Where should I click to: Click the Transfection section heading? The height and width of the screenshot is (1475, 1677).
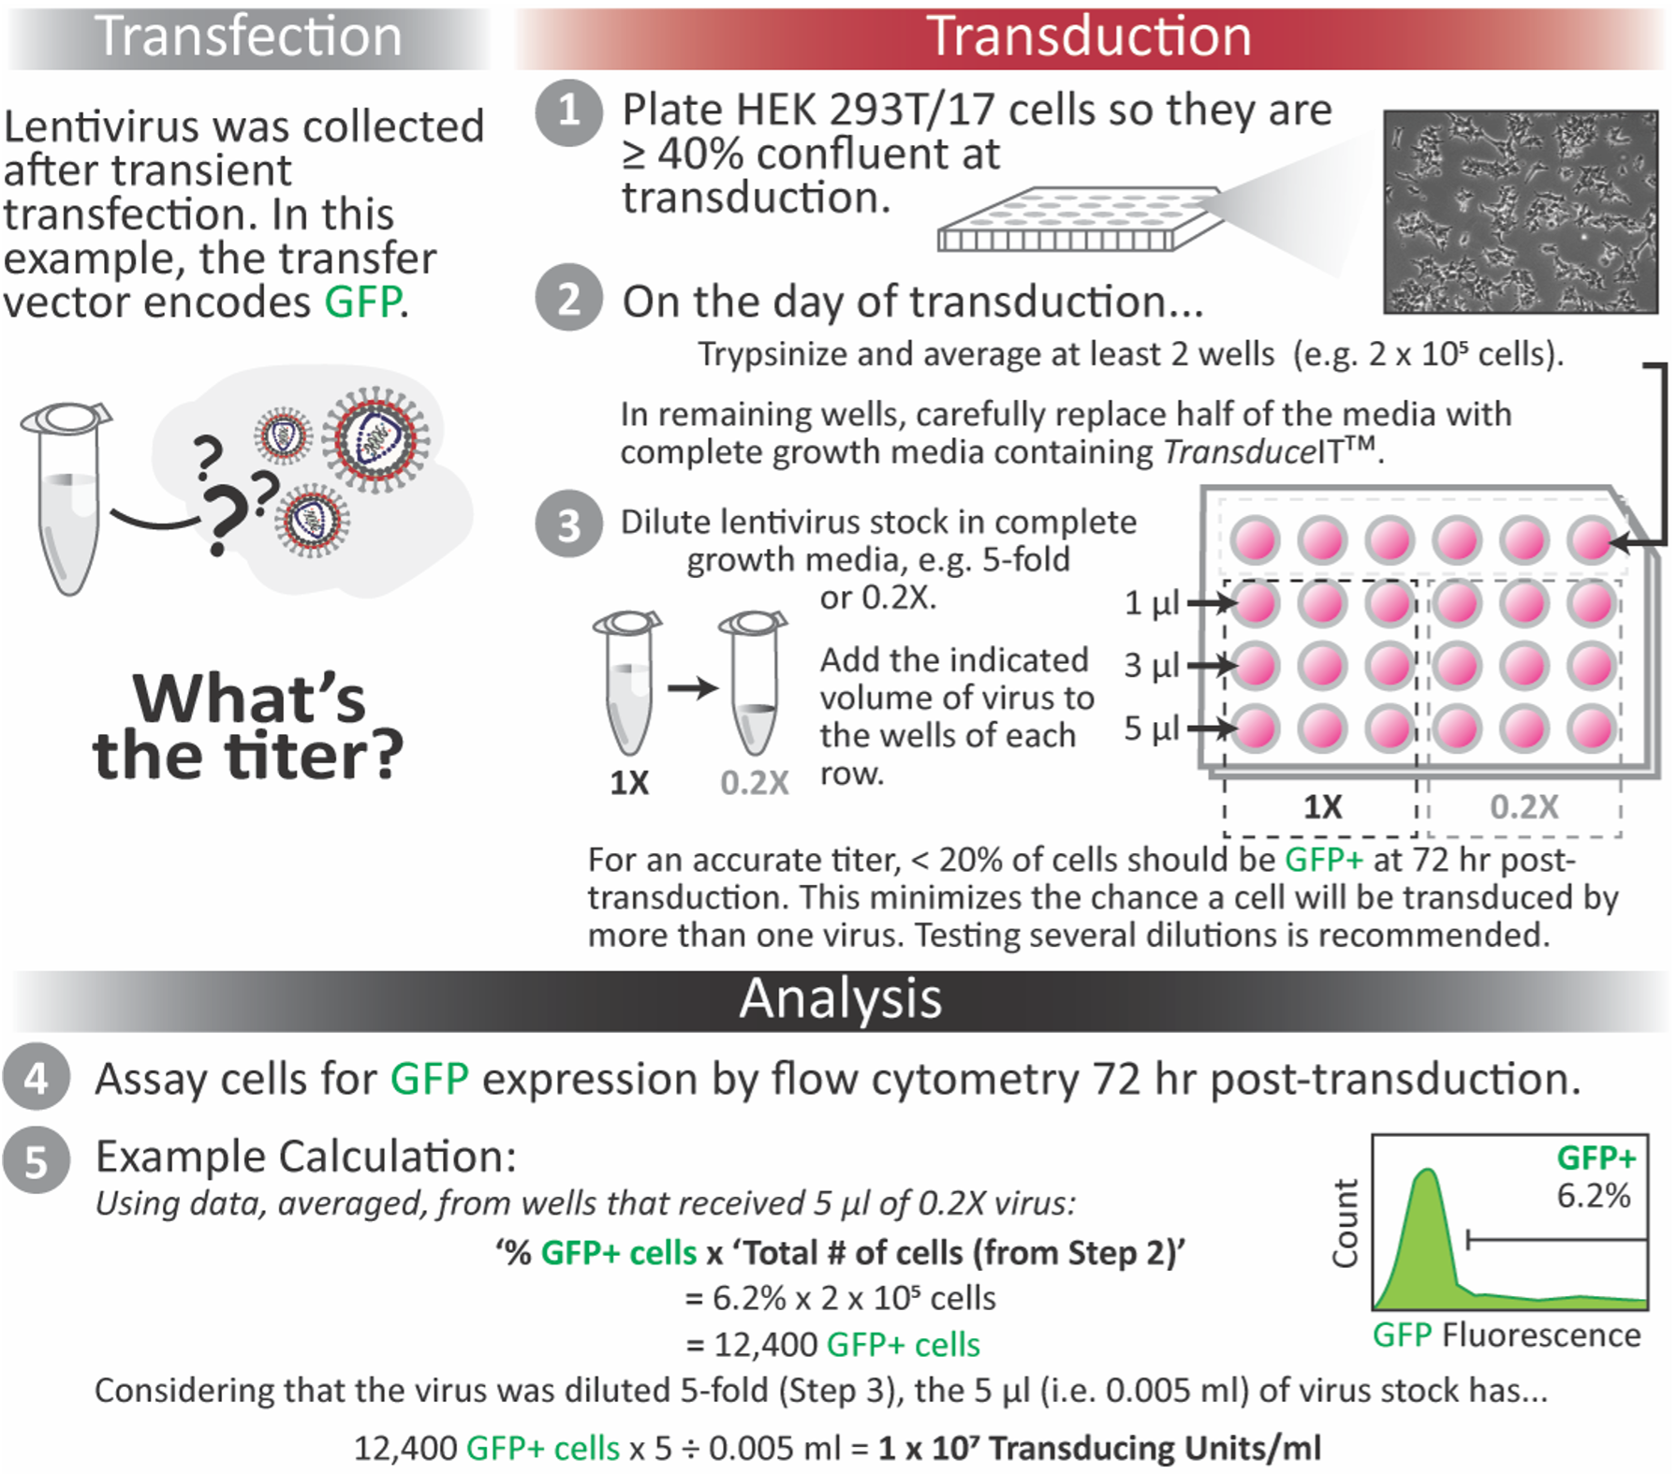point(248,37)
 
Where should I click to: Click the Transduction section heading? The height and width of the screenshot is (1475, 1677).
point(1089,37)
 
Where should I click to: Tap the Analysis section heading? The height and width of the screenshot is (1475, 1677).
point(840,998)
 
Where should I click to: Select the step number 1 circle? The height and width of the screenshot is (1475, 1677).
point(568,112)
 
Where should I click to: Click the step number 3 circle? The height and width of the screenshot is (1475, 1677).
point(568,524)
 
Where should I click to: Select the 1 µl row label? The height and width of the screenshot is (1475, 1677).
point(1151,603)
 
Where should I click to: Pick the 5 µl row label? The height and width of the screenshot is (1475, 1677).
point(1151,728)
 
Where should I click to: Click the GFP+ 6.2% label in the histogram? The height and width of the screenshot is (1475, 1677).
point(1595,1177)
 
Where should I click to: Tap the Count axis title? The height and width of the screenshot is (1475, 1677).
point(1346,1223)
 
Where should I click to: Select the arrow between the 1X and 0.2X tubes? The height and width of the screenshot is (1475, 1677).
point(692,688)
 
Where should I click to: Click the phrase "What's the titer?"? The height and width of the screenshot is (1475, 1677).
point(248,727)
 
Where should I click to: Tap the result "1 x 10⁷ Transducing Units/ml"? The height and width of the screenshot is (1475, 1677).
point(1099,1448)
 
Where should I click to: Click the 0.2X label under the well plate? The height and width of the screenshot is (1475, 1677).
point(1523,806)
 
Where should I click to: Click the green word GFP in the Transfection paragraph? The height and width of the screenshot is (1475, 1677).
point(363,302)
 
